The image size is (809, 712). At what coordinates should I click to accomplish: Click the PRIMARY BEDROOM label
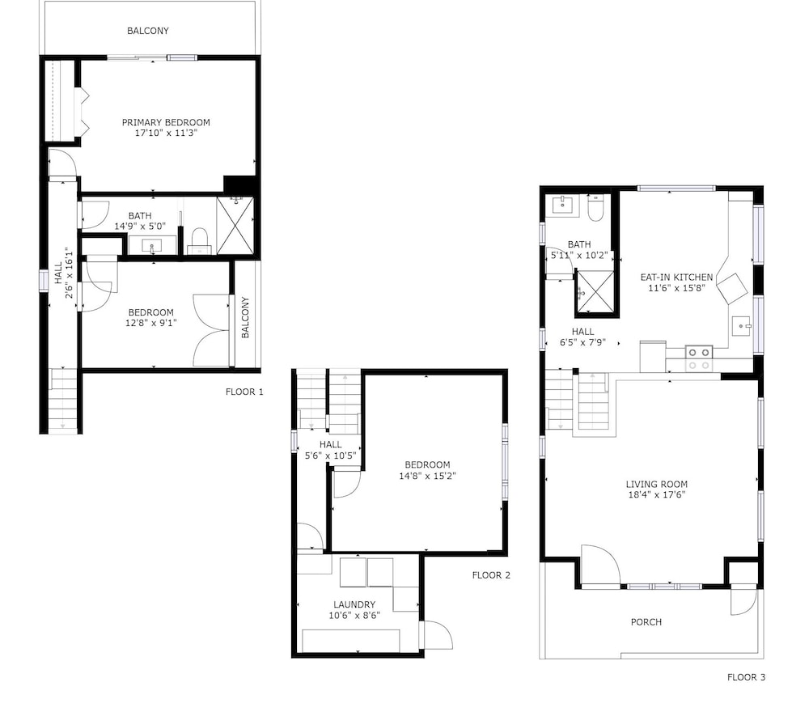(x=166, y=122)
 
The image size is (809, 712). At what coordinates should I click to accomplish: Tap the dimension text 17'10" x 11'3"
(x=166, y=133)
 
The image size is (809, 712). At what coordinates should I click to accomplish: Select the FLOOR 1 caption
(x=244, y=392)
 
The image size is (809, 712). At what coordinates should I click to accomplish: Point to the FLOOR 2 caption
(x=491, y=575)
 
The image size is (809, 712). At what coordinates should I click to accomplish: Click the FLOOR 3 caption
(x=746, y=677)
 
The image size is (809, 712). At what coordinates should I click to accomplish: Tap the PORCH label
(x=646, y=622)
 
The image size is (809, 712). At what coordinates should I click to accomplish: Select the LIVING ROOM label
(x=656, y=485)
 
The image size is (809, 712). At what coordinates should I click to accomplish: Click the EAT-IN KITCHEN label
(x=676, y=277)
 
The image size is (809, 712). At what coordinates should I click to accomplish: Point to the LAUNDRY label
(x=354, y=604)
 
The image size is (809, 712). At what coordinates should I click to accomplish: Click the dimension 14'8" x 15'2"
(x=427, y=476)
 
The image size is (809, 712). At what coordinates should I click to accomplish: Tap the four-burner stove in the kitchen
(x=699, y=358)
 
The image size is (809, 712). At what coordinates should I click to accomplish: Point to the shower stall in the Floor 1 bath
(x=235, y=226)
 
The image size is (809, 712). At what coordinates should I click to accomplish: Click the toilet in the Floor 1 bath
(x=200, y=241)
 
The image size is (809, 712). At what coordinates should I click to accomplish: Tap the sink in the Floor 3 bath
(x=562, y=205)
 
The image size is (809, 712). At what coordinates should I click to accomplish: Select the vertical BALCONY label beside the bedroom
(x=246, y=317)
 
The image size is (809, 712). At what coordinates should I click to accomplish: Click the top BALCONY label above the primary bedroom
(x=148, y=31)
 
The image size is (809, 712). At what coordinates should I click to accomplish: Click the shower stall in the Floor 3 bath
(x=596, y=292)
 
